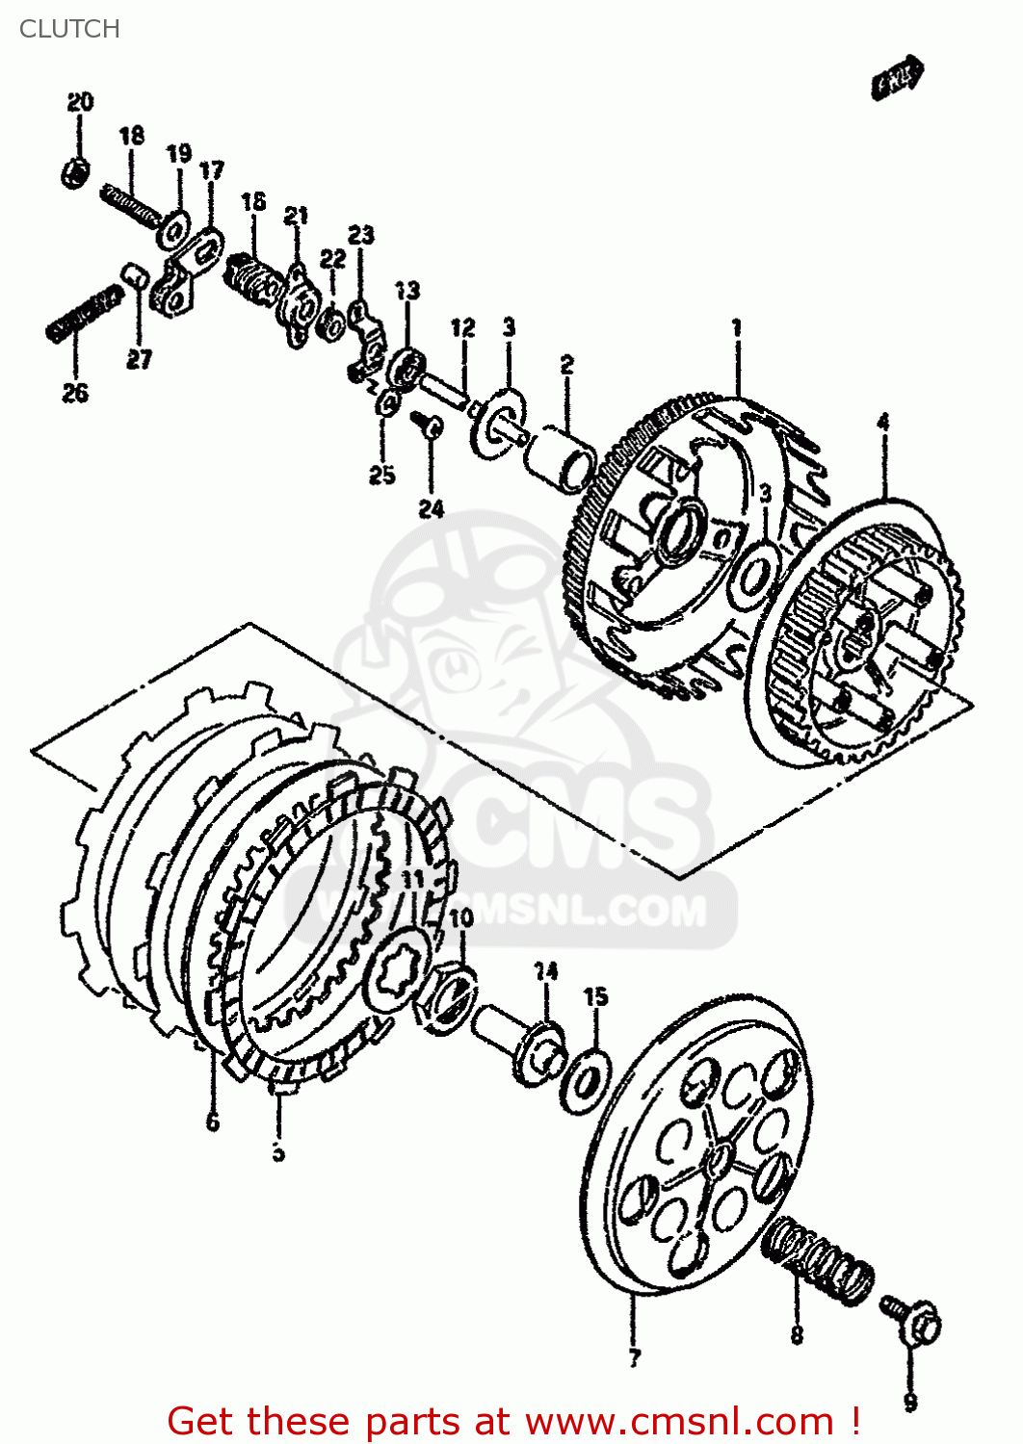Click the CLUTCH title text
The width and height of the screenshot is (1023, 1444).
(69, 29)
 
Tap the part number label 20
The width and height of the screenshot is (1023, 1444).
(80, 102)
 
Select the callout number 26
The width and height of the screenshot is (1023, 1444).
(75, 393)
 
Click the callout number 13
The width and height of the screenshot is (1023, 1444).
(407, 290)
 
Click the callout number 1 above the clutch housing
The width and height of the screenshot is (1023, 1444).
(737, 328)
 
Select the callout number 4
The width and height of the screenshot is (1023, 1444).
(882, 421)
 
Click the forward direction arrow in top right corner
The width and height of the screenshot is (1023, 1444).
(898, 79)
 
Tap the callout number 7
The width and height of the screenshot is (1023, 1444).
(634, 1358)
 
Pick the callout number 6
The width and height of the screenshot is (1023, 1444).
(212, 1122)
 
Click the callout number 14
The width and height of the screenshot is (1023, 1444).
(546, 971)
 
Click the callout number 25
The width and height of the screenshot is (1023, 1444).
(382, 474)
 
